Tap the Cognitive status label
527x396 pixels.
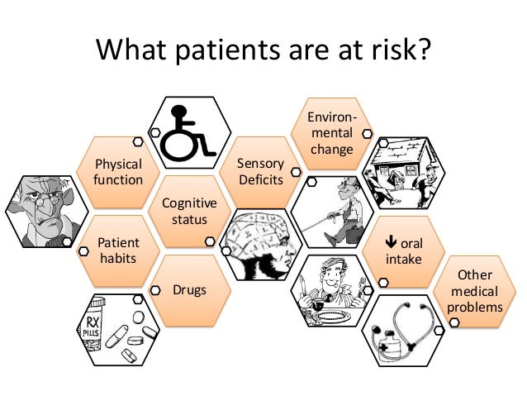point(189,211)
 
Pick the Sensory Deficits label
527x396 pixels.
point(260,171)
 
